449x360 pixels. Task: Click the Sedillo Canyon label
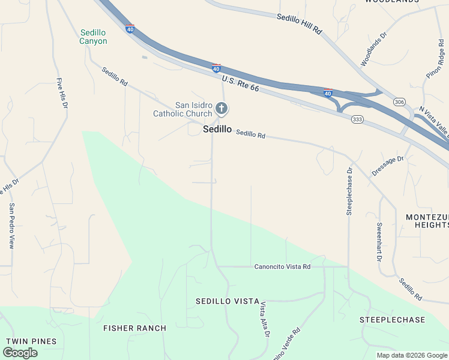pos(93,37)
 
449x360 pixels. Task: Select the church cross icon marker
pos(221,109)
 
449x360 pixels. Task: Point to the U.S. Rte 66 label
pos(240,83)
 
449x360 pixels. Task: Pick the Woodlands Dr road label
pos(375,49)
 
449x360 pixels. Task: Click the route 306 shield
pos(399,102)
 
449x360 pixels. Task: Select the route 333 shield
pos(357,119)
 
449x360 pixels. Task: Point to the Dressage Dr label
pos(388,166)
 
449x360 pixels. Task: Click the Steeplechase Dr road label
pos(349,190)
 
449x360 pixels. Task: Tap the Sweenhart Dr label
pos(379,242)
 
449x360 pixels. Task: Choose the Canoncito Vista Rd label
pos(282,266)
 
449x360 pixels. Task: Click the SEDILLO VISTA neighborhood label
pos(227,301)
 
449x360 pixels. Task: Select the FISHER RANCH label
pos(134,328)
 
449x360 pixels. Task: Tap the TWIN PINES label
pos(31,341)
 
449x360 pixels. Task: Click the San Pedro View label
pos(11,226)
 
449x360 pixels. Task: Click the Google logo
pos(20,353)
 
